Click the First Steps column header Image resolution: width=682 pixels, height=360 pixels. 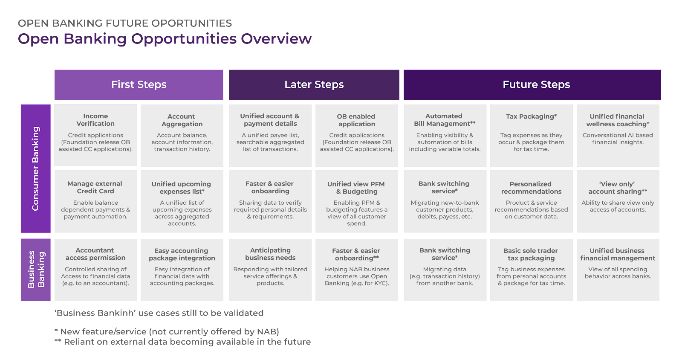tap(139, 85)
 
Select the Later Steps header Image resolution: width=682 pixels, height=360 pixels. tap(314, 85)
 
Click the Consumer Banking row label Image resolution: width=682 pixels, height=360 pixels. tap(36, 168)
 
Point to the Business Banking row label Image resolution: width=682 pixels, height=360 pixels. tap(36, 270)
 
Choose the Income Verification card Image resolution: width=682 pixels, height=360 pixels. tap(95, 135)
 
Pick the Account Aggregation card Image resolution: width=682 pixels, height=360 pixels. tap(182, 135)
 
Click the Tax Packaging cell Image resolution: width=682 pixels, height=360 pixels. tap(531, 135)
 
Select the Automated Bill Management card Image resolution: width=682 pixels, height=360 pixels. tap(445, 135)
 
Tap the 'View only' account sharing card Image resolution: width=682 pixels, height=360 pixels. tap(618, 201)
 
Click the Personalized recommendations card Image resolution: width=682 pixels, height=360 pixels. tap(531, 201)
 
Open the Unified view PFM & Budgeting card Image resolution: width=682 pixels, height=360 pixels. tap(356, 201)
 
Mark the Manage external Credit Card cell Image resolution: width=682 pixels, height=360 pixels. tap(95, 201)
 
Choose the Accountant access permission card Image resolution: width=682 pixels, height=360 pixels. tap(95, 270)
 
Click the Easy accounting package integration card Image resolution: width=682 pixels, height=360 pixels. tap(182, 270)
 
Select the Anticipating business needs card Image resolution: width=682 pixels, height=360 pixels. tap(270, 270)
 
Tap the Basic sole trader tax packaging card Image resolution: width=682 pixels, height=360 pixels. tap(531, 270)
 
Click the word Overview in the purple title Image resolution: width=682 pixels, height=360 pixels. tap(276, 39)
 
